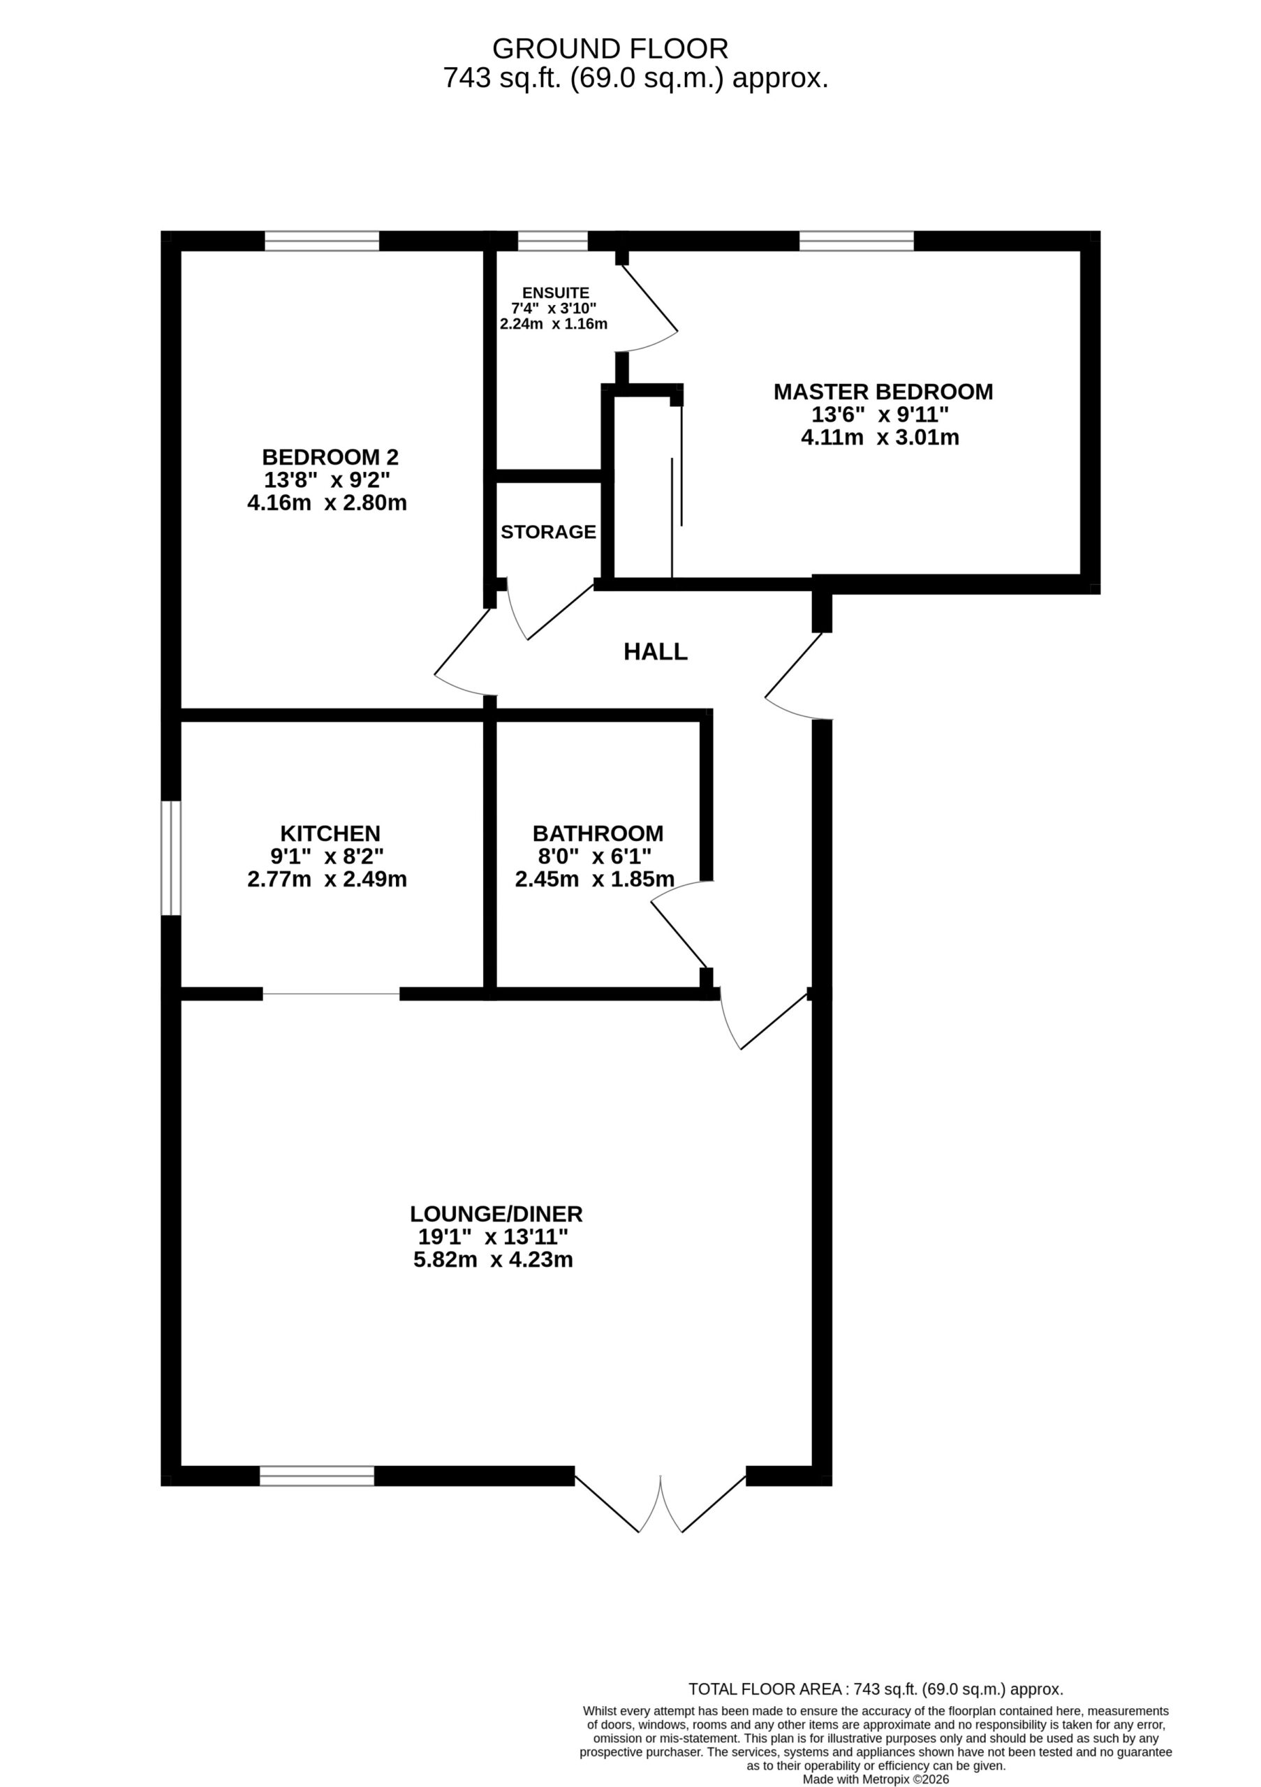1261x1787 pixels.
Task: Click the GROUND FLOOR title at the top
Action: click(610, 49)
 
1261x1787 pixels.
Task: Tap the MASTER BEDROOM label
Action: click(883, 392)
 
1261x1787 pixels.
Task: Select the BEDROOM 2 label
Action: click(330, 457)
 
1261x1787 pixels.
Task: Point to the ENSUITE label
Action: click(556, 292)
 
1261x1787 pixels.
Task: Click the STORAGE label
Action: click(548, 532)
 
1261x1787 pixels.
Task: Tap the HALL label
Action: click(656, 652)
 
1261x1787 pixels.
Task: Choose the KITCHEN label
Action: click(330, 833)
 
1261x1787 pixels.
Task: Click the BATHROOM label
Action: click(598, 833)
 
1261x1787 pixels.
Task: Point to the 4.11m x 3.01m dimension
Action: click(880, 438)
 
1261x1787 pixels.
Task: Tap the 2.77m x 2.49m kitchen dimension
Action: click(327, 880)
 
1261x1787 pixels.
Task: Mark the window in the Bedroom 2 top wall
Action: click(321, 241)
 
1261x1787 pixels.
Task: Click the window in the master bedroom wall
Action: click(856, 241)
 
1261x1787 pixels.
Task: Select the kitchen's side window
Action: click(171, 858)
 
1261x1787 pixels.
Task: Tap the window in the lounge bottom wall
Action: click(317, 1476)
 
